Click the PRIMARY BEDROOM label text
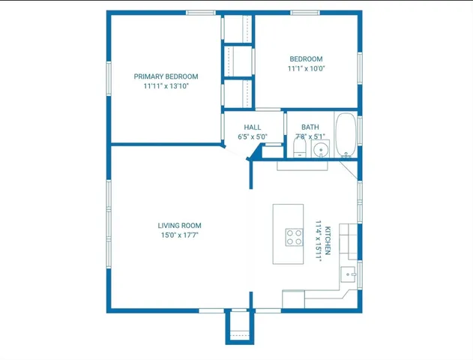tap(166, 76)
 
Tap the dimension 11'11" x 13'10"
tap(166, 86)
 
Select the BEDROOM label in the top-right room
tap(306, 59)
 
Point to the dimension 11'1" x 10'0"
tap(306, 69)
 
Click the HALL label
tap(252, 127)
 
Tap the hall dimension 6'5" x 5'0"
tap(252, 137)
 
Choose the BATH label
tap(310, 127)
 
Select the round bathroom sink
tap(321, 150)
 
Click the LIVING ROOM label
tap(179, 226)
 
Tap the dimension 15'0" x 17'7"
tap(179, 235)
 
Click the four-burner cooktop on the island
tap(293, 238)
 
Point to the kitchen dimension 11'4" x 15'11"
tap(318, 238)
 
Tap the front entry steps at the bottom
tap(239, 327)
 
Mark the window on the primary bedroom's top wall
tap(201, 13)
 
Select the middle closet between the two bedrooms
tap(238, 60)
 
